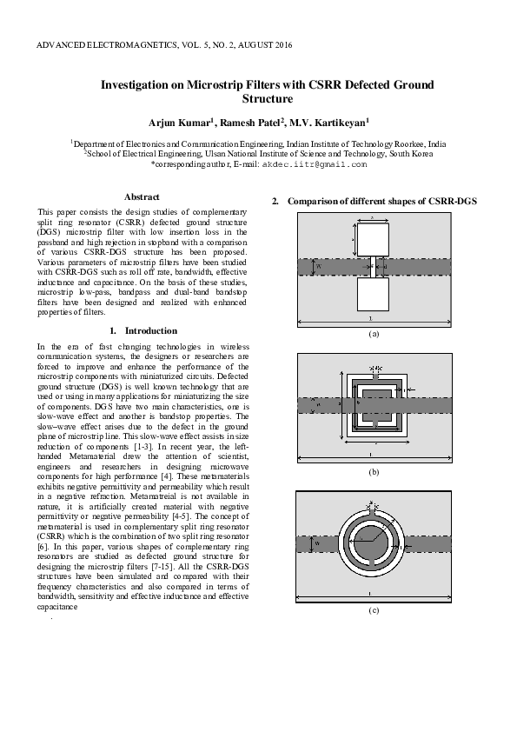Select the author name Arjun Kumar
(x=177, y=123)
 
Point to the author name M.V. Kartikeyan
(x=334, y=123)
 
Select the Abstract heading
(x=142, y=197)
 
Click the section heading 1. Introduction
(x=144, y=330)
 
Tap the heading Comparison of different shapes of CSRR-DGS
(x=381, y=202)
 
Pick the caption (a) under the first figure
(x=374, y=334)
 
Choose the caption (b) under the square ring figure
(x=374, y=471)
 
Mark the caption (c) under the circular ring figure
(x=374, y=610)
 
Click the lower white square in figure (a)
(x=374, y=294)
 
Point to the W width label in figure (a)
(x=318, y=266)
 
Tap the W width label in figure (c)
(x=317, y=544)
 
